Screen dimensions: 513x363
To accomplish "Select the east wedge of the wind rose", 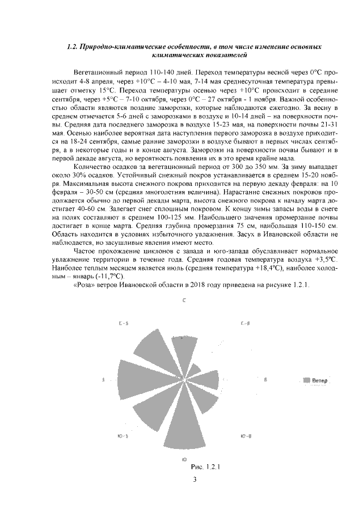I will coord(208,380).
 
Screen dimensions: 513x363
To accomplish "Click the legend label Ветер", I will coord(320,380).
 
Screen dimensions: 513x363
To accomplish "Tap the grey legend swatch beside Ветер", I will coord(307,380).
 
